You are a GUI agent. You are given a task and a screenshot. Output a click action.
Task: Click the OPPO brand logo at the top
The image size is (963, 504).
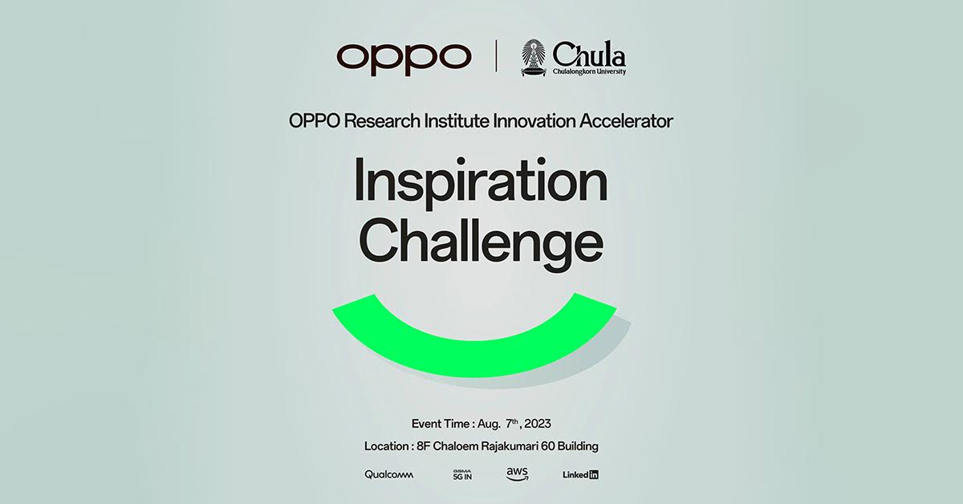(404, 59)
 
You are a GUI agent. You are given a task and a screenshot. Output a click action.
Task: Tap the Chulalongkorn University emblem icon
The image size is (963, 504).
(533, 58)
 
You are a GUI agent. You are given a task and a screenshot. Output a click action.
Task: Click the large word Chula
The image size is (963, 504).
(589, 54)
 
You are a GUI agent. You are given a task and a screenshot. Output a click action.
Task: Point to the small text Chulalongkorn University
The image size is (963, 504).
(589, 71)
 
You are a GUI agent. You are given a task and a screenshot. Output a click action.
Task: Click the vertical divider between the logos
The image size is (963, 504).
(497, 56)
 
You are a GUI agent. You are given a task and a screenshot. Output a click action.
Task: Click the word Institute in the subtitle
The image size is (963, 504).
(457, 121)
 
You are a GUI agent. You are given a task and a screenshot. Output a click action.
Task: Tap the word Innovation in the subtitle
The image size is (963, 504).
(534, 121)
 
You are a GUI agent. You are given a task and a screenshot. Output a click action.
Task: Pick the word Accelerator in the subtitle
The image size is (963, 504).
(627, 121)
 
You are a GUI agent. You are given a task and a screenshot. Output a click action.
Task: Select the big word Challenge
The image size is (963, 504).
(481, 243)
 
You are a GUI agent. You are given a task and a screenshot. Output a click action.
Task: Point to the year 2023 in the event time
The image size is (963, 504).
(538, 424)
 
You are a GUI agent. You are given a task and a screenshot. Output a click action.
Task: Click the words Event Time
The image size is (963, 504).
(441, 424)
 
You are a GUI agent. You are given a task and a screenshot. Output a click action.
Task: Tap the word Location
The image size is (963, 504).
(387, 446)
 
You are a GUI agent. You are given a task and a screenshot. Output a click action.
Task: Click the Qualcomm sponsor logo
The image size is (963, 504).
(389, 475)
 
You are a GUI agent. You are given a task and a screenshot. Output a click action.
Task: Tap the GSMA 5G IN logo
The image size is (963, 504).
(462, 475)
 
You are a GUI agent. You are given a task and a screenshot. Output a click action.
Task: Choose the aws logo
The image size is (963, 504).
(517, 474)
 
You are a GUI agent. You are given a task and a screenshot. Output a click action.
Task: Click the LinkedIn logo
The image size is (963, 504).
(580, 475)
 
